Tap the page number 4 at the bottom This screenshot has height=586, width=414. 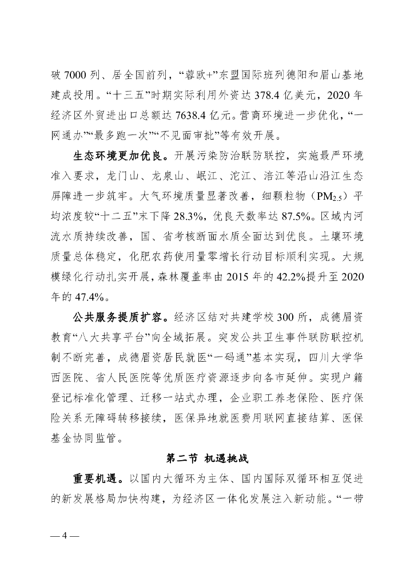[x=65, y=536]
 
